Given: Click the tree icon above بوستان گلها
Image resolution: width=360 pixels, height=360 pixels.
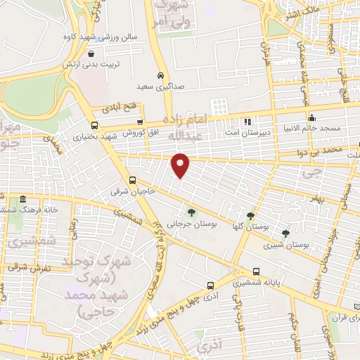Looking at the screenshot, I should click(x=250, y=216).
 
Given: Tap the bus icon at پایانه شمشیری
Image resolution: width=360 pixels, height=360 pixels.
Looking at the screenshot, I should click(x=256, y=271).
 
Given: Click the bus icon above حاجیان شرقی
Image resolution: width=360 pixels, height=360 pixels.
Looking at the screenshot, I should click(x=133, y=180).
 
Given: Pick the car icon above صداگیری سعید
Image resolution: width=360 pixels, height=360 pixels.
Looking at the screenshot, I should click(x=161, y=75).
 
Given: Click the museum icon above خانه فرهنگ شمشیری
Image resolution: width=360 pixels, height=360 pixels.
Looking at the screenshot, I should click(x=24, y=200).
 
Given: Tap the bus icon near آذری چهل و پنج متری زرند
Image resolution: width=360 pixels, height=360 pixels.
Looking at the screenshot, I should click(x=211, y=285).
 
